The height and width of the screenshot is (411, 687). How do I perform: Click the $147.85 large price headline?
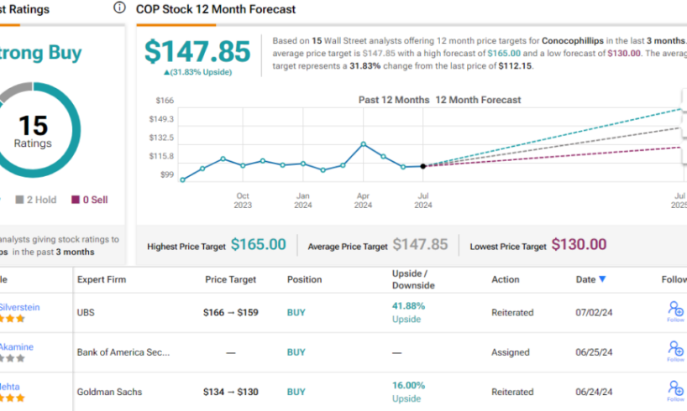click(197, 52)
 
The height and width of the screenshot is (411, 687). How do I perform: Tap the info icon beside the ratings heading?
click(119, 8)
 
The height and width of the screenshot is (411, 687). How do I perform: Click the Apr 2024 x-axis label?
click(363, 200)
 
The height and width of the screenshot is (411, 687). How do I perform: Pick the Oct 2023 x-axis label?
click(243, 200)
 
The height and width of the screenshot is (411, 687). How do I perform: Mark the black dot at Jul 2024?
click(422, 166)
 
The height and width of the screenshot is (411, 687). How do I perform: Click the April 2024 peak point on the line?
click(363, 143)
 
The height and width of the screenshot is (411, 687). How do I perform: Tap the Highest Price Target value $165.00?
click(259, 245)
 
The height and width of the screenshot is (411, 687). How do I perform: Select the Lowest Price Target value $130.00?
click(579, 245)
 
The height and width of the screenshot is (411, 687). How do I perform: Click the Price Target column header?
click(230, 279)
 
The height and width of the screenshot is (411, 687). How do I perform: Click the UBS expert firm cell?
click(87, 312)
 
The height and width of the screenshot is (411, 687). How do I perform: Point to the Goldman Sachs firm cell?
click(109, 392)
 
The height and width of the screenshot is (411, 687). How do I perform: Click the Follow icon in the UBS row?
click(675, 311)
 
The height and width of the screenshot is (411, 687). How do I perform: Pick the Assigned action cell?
click(511, 352)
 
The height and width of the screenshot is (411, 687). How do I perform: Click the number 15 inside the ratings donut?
click(34, 126)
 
